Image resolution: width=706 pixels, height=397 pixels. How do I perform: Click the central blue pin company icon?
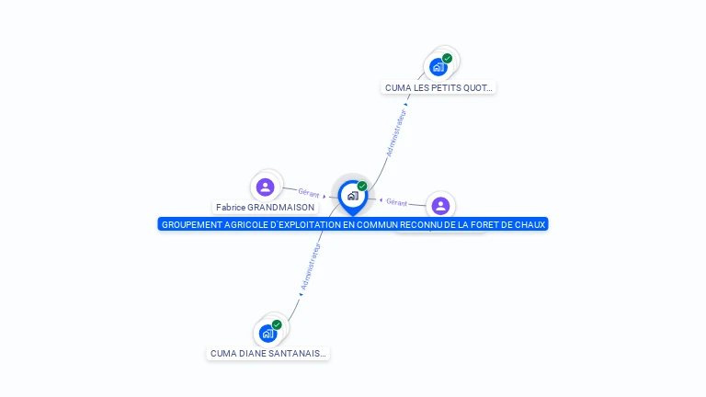[x=352, y=196]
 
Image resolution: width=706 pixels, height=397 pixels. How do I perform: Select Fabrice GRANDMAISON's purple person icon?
[x=266, y=187]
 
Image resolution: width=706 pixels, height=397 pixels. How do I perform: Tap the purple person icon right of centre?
[x=440, y=206]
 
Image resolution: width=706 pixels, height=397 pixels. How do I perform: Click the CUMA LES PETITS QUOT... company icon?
[x=438, y=67]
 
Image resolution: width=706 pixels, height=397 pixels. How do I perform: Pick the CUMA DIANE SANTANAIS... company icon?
[x=268, y=333]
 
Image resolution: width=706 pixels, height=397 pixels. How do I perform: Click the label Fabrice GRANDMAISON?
[x=265, y=208]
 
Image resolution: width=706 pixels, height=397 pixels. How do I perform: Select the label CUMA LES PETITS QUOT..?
[x=439, y=88]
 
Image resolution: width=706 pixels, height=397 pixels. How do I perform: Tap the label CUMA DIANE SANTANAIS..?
[x=268, y=353]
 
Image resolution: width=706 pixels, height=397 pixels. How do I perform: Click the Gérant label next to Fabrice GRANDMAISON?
[x=309, y=193]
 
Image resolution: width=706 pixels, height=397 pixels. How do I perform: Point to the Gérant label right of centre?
[x=396, y=202]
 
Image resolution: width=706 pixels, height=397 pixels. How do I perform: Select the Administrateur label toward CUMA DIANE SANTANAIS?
[x=311, y=267]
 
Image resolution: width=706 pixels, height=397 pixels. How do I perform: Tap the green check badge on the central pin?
[x=362, y=187]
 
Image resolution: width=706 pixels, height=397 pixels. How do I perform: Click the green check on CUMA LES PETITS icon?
[x=447, y=59]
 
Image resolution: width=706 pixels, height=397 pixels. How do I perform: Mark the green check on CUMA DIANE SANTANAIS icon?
[x=277, y=324]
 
